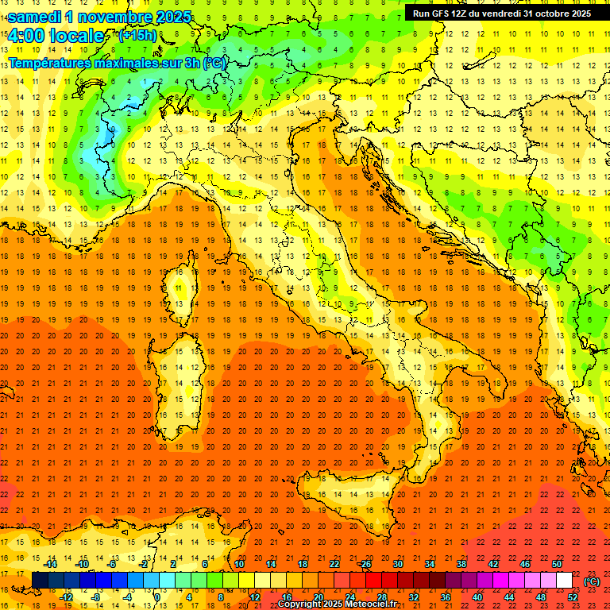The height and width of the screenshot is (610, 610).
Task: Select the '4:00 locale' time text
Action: pos(56,36)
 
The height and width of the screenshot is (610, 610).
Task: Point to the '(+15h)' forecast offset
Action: pos(137,36)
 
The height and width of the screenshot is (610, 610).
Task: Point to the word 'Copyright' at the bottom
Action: pos(304,604)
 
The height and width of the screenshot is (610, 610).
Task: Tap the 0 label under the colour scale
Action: pos(157,596)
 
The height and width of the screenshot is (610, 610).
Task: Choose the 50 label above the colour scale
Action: pos(557,564)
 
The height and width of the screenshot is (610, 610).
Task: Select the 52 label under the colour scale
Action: pos(573,596)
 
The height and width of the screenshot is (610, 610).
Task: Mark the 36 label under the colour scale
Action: pos(446,596)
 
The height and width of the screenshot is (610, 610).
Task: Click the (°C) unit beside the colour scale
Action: pos(592,581)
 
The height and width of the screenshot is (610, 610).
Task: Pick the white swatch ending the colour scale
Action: pos(565,580)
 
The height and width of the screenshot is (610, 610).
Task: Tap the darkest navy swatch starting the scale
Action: pos(40,580)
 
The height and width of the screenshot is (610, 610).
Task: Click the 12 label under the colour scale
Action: pos(255,596)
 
